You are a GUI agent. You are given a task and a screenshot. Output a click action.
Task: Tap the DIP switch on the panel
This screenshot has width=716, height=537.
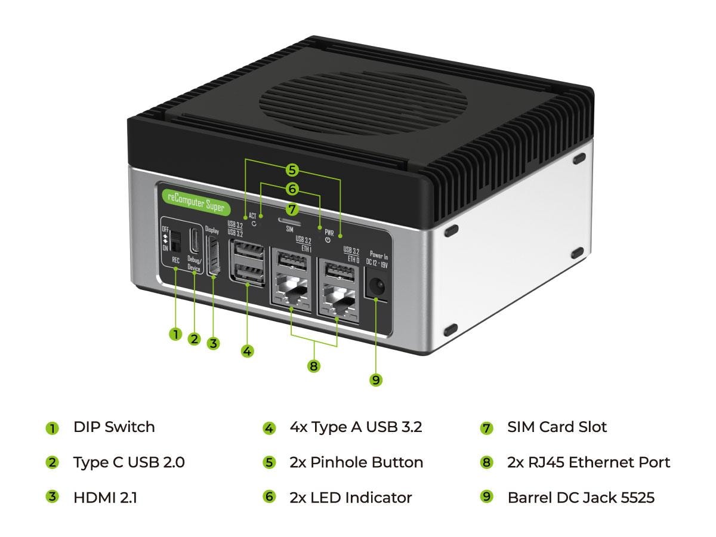175,241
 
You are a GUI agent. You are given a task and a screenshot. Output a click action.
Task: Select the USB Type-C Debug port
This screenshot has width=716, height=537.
195,240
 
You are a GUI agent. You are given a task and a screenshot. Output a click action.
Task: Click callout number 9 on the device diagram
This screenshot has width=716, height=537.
375,379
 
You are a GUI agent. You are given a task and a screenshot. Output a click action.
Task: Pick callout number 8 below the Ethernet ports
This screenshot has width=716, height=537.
314,366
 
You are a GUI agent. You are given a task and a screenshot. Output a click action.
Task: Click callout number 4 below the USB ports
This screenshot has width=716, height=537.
248,351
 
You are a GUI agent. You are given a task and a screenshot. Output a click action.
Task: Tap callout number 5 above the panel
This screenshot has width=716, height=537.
292,170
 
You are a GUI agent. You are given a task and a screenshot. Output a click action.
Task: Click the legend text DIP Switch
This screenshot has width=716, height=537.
114,427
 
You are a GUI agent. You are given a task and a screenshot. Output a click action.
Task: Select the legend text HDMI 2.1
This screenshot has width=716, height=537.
105,497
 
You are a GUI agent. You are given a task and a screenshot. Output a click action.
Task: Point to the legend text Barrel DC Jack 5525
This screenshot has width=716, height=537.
581,497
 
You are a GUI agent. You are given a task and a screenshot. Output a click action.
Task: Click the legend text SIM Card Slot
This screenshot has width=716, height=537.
557,427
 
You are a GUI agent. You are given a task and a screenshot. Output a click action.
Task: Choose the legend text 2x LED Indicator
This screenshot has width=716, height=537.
350,497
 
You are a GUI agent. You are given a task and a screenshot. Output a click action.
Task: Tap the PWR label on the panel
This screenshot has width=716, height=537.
329,233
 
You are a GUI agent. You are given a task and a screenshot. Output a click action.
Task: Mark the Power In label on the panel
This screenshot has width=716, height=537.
379,255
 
